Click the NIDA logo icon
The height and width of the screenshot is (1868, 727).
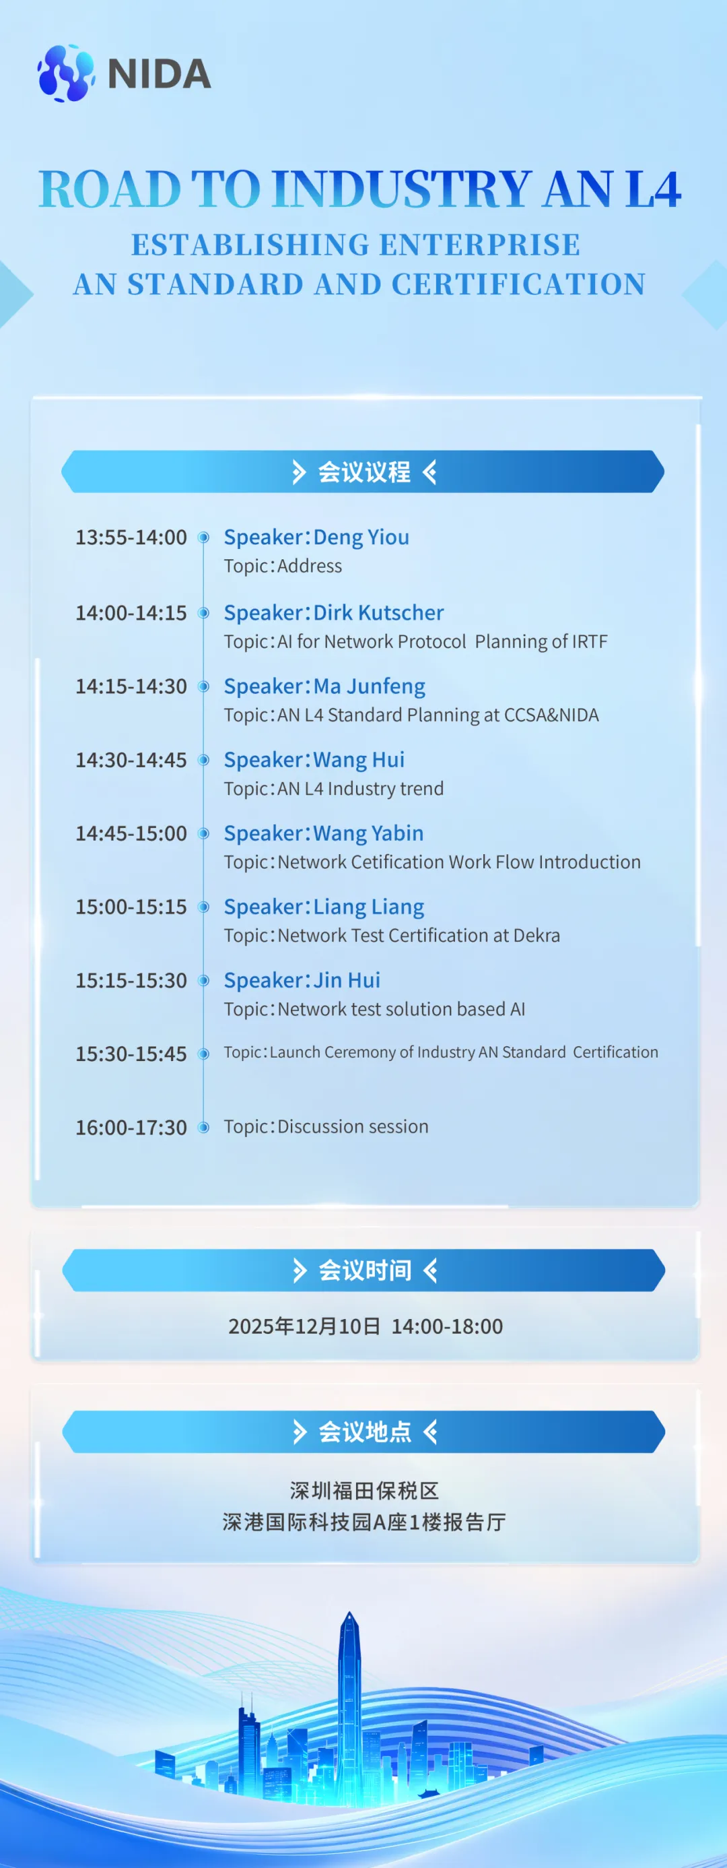pos(66,73)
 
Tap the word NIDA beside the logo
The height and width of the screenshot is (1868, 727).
pos(160,74)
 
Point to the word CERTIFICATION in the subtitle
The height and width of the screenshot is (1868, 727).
pos(518,284)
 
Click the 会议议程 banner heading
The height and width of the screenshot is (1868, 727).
pos(364,472)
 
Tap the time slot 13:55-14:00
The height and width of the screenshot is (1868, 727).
pos(131,538)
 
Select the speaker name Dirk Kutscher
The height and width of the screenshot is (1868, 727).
pos(378,613)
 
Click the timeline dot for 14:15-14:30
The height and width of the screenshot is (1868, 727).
pos(204,686)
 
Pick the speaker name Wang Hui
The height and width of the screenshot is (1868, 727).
pos(359,760)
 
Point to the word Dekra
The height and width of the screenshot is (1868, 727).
pos(536,936)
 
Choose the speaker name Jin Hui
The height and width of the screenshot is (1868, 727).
pos(347,980)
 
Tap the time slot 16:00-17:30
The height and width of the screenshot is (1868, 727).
pos(131,1128)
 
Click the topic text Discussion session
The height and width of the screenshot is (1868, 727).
pos(353,1126)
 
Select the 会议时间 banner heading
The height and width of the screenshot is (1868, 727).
pos(365,1270)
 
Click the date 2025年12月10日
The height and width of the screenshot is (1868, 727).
pos(304,1326)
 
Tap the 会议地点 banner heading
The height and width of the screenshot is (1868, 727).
pos(365,1432)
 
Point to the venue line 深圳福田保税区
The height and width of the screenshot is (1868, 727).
pos(365,1491)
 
